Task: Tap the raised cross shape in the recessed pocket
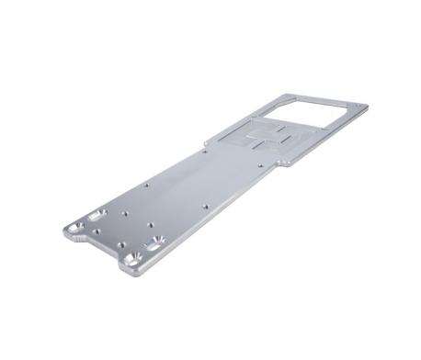[x=267, y=138]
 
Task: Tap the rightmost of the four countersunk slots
[x=154, y=242]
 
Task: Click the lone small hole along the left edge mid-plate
[x=146, y=185]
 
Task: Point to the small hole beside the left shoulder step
[x=214, y=146]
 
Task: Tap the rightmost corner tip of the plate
[x=368, y=107]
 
